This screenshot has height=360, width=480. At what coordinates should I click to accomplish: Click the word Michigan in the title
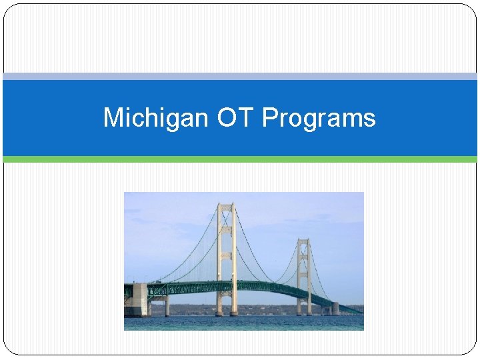coord(157,118)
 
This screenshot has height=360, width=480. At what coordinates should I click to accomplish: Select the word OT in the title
coord(236,118)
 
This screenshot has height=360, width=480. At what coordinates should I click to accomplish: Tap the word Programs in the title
coord(319,118)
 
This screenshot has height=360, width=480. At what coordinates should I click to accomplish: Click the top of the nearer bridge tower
coord(226,206)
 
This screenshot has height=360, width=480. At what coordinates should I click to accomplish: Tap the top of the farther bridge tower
coord(304,241)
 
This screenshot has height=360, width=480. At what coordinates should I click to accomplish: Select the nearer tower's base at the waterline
coord(226,313)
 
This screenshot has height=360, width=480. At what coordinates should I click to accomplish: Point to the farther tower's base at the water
coord(304,313)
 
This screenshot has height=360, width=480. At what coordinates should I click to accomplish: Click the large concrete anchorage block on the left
coord(136,299)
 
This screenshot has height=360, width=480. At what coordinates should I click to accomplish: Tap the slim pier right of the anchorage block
coord(167,306)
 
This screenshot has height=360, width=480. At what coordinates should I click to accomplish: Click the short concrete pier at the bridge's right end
coord(336,309)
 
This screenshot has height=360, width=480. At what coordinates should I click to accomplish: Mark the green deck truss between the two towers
coord(267,287)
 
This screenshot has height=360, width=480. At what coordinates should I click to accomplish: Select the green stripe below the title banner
coord(240,159)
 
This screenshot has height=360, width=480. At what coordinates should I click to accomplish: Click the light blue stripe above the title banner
coord(240,77)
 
